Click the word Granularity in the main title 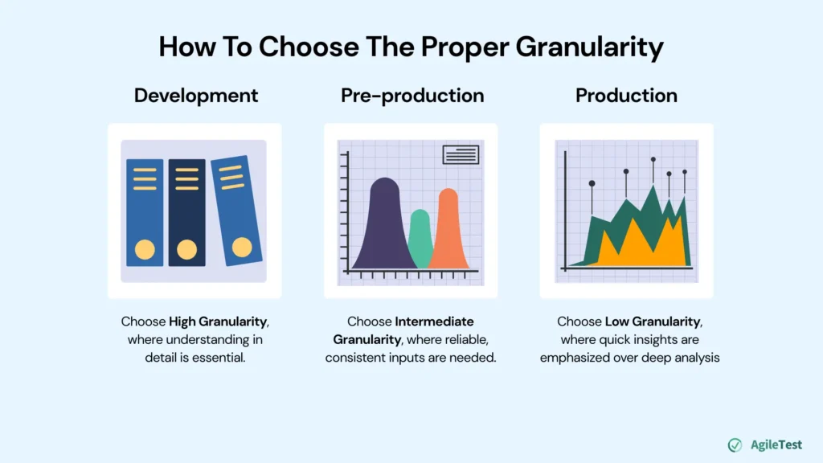[589, 47]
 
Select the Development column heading [196, 96]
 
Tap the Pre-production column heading [412, 96]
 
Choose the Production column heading [626, 96]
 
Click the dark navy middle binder [186, 213]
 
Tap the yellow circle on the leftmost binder [145, 249]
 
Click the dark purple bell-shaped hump [385, 229]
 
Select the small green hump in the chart [420, 241]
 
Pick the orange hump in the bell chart [448, 233]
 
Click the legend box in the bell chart [461, 154]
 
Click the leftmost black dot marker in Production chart [592, 183]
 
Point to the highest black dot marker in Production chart [653, 160]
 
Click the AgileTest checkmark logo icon [735, 445]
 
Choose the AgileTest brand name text [776, 445]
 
